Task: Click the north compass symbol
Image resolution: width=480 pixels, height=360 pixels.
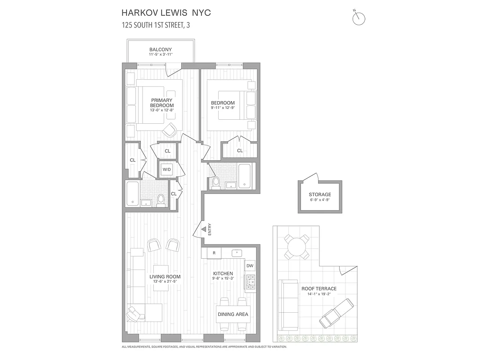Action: point(359,18)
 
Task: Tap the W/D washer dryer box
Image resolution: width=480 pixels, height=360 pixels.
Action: point(167,170)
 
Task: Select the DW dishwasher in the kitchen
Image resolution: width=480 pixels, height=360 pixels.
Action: point(250,266)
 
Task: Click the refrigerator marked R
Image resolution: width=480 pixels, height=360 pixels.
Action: point(214,253)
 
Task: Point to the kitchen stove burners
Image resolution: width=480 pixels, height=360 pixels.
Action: point(250,282)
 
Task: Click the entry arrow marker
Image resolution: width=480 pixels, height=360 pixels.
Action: point(203,229)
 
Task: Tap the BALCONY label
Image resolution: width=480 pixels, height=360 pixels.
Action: point(161,49)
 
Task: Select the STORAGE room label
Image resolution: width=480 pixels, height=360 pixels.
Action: point(320,195)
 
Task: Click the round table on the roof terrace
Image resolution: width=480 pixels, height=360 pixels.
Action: point(296,246)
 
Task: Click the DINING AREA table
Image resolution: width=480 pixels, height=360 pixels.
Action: point(233,315)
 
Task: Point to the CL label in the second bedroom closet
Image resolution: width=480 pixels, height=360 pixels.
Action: point(240,151)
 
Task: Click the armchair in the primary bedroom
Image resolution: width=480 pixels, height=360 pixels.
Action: point(170,130)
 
